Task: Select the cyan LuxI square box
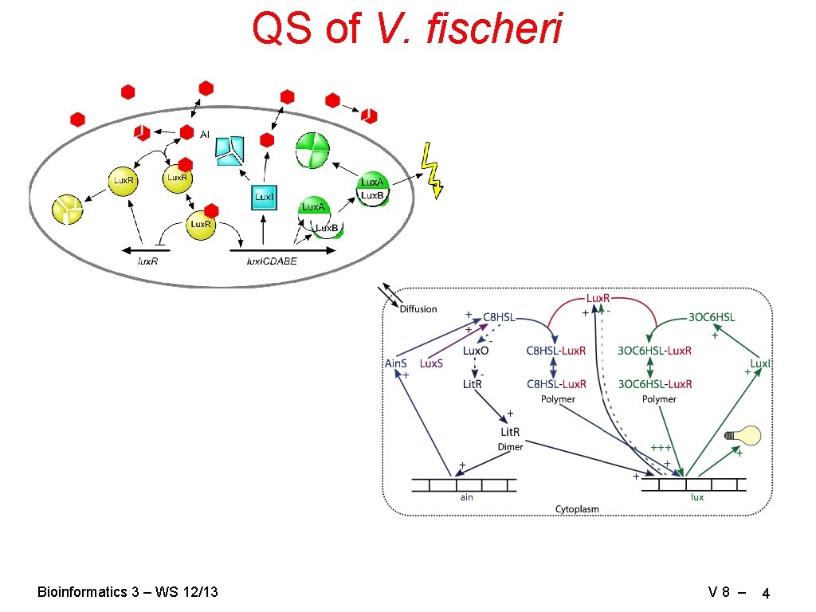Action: tap(264, 196)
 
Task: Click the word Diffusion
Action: tap(418, 309)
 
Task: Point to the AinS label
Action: tap(395, 363)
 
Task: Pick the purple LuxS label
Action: tap(431, 363)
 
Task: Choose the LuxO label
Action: tap(476, 350)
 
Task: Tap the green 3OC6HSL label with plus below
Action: tap(711, 316)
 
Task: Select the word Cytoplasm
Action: tap(577, 508)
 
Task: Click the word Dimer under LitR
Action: tap(510, 447)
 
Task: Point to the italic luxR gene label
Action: tap(147, 261)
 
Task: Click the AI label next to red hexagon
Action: tap(205, 135)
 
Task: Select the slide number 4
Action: tap(765, 593)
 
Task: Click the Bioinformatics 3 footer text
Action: tap(128, 592)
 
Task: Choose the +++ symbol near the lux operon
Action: tap(661, 448)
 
